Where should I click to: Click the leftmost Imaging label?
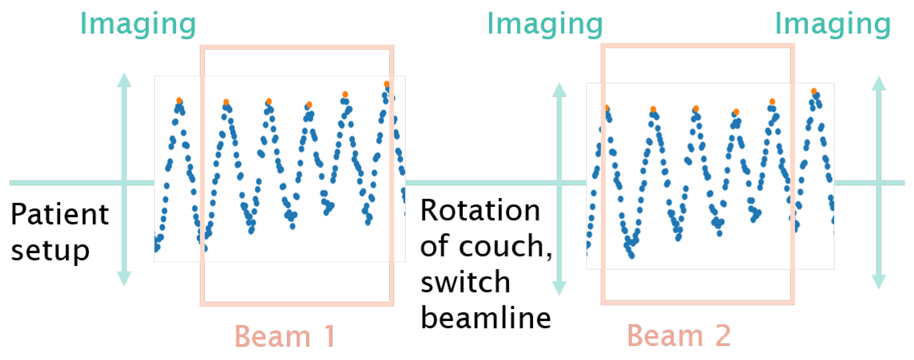(x=138, y=24)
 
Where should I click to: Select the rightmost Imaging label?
(x=832, y=24)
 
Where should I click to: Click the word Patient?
(x=59, y=214)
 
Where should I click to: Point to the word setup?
(x=50, y=251)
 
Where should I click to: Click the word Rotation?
(x=480, y=210)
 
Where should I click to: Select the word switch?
(x=465, y=282)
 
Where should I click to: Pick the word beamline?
(x=486, y=318)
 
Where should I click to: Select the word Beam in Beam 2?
(x=665, y=335)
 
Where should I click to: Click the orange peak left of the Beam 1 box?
(x=179, y=101)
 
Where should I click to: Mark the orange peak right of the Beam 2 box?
(x=814, y=91)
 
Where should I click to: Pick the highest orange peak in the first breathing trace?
(x=386, y=84)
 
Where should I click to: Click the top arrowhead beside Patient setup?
(x=124, y=80)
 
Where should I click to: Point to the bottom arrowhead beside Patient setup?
(x=124, y=278)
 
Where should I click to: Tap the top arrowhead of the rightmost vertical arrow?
(x=879, y=84)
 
